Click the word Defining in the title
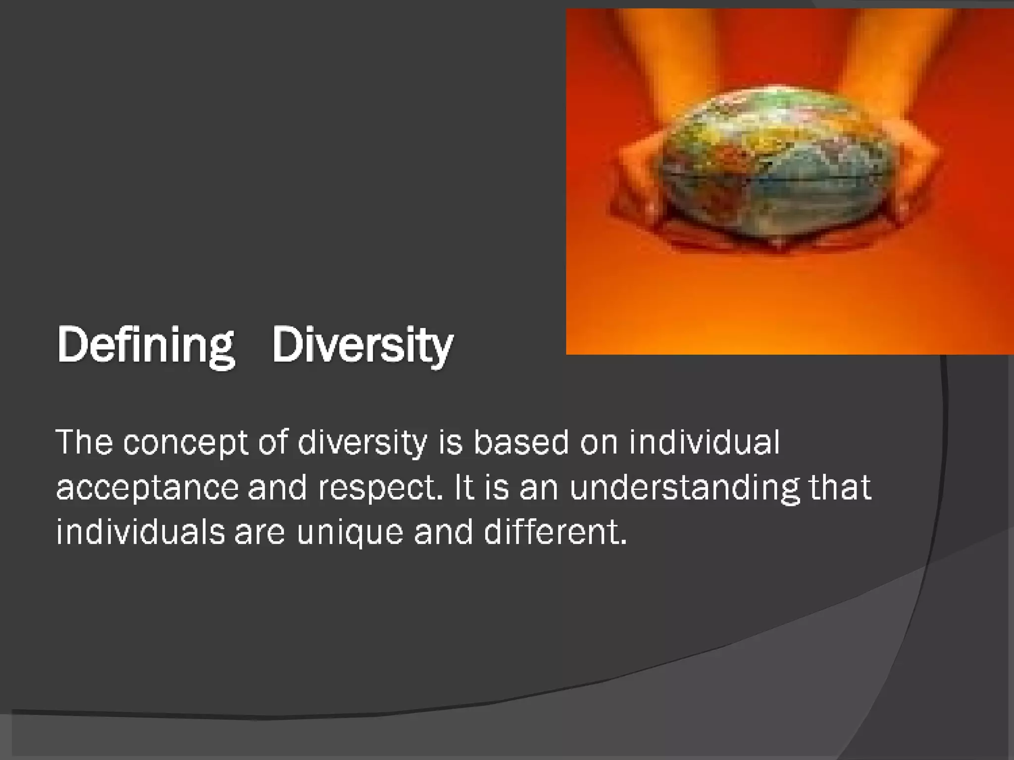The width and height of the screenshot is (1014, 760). [146, 345]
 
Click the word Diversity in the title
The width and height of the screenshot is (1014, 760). [362, 345]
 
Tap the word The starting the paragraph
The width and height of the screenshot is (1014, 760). [85, 442]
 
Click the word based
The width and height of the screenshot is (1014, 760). [521, 442]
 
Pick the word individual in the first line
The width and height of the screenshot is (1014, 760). [704, 442]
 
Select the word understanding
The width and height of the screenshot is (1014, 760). [684, 488]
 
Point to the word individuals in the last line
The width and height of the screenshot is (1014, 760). [141, 532]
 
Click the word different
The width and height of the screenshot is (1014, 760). [555, 532]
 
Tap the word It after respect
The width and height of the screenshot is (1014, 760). [464, 487]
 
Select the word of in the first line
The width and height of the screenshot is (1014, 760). [273, 442]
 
